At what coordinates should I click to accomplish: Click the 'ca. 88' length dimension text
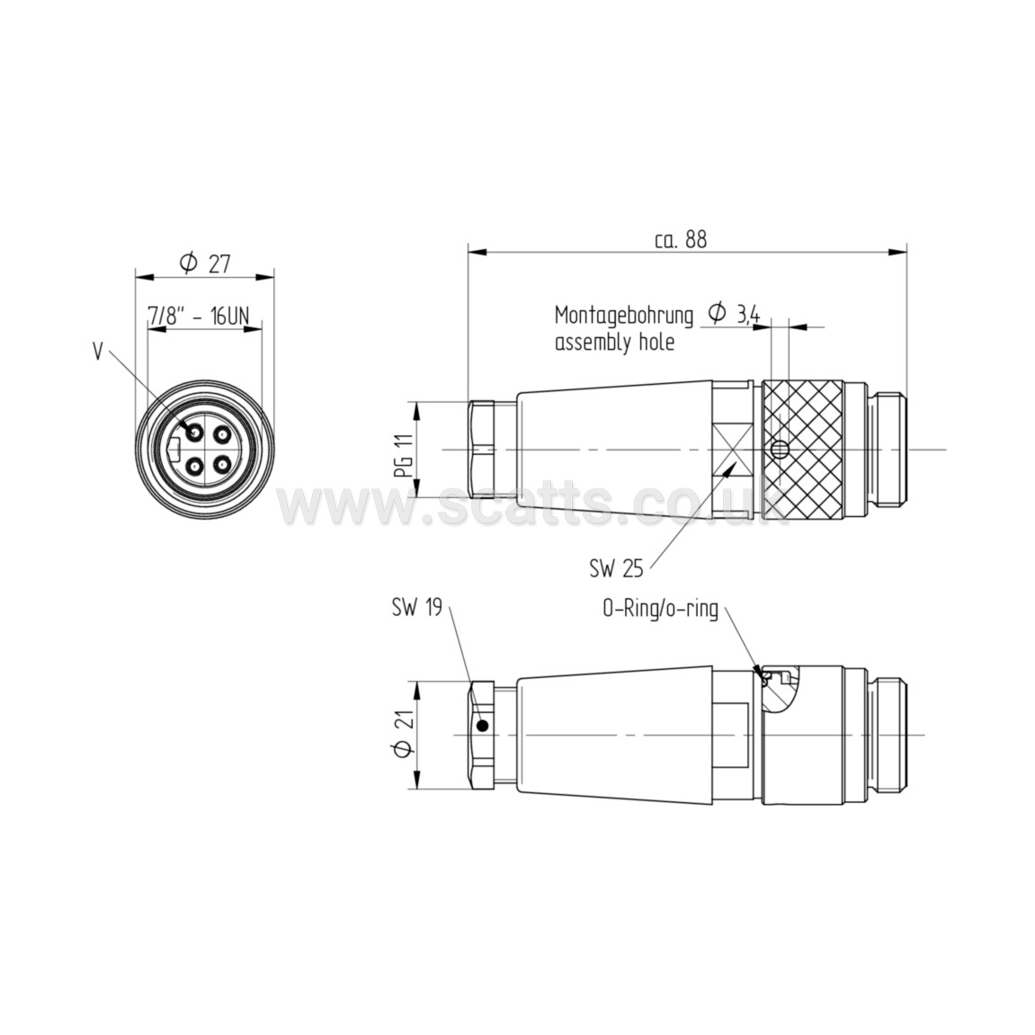680,239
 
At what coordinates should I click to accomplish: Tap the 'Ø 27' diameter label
205,263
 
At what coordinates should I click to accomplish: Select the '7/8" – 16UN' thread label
199,316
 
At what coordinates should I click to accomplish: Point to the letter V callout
98,352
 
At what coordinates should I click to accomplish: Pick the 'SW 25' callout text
616,568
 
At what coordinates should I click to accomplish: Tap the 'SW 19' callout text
416,607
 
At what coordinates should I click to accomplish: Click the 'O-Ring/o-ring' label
660,609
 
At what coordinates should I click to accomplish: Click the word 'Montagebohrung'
624,317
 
